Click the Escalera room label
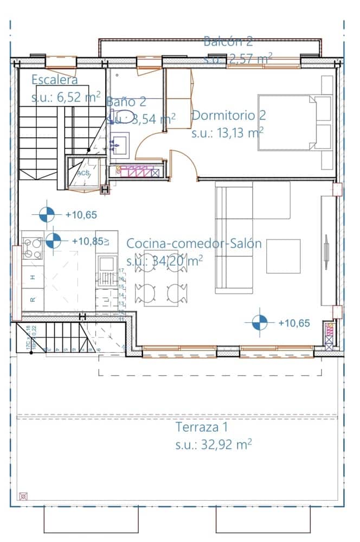pyautogui.click(x=54, y=80)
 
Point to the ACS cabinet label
pyautogui.click(x=83, y=173)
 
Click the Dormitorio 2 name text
pyautogui.click(x=228, y=116)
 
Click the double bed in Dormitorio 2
pyautogui.click(x=293, y=123)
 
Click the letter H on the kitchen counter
pyautogui.click(x=33, y=277)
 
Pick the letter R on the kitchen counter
pyautogui.click(x=33, y=299)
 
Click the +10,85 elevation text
pyautogui.click(x=87, y=241)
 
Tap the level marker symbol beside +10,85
pyautogui.click(x=53, y=240)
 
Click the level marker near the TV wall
pyautogui.click(x=260, y=323)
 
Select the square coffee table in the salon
pyautogui.click(x=283, y=256)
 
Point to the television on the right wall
pyautogui.click(x=327, y=252)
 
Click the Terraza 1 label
pyautogui.click(x=201, y=427)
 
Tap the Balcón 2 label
pyautogui.click(x=228, y=41)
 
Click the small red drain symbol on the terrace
pyautogui.click(x=23, y=495)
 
